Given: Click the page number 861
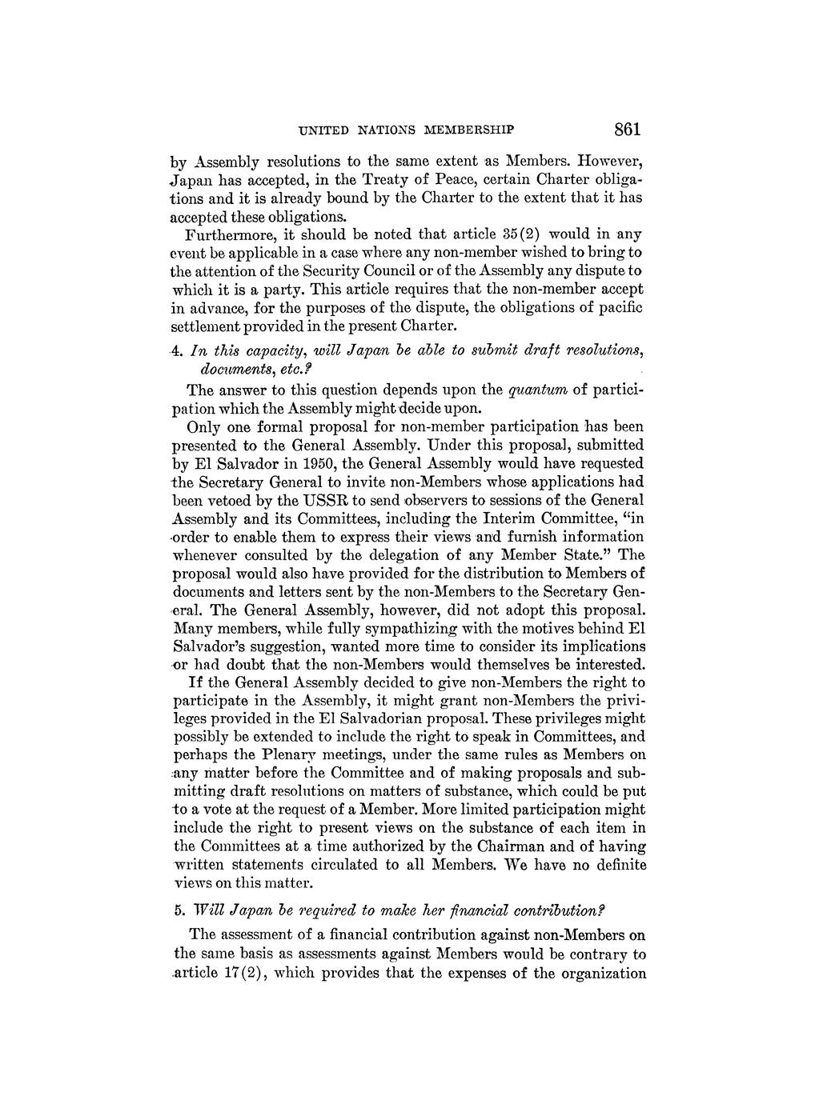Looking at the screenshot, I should tap(629, 129).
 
